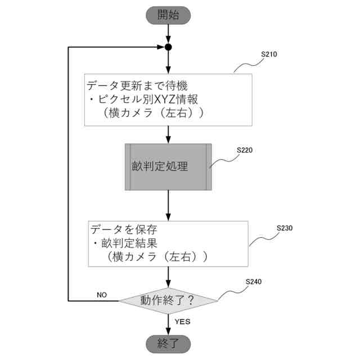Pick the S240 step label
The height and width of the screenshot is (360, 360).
tap(254, 281)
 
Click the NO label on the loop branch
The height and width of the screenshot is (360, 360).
tap(102, 294)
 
